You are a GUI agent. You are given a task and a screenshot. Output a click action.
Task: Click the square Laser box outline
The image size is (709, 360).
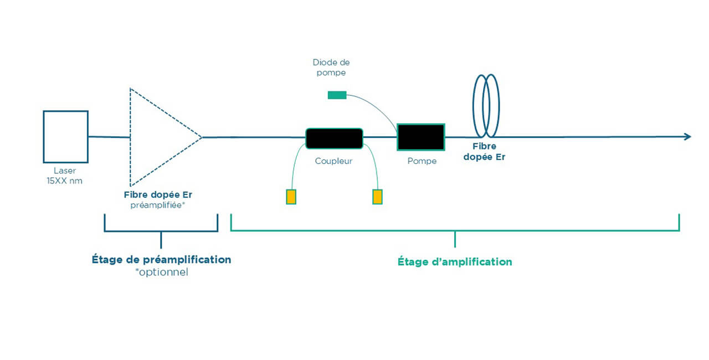click(x=65, y=136)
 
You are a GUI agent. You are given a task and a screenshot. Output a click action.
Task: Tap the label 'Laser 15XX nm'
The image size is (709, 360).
click(x=64, y=176)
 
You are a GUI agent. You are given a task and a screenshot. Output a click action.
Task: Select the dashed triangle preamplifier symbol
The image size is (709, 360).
click(x=161, y=137)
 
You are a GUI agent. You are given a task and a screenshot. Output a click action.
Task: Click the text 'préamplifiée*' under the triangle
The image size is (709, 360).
click(x=158, y=204)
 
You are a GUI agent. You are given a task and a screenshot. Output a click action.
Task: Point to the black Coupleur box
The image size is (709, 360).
click(x=334, y=138)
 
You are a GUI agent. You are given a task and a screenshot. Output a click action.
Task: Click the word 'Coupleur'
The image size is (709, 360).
click(x=333, y=161)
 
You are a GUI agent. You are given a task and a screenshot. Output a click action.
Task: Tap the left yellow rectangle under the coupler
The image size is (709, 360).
click(x=291, y=197)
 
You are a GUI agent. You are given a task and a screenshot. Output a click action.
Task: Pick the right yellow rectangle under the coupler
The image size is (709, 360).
click(x=377, y=197)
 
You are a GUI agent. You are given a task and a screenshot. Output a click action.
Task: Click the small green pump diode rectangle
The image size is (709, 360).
click(x=337, y=95)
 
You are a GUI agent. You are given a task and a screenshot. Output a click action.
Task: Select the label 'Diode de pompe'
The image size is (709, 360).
click(x=331, y=68)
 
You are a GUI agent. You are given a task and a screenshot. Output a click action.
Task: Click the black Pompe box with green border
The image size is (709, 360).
click(x=420, y=137)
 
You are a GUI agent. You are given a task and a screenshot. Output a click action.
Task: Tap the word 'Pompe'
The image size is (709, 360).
click(x=422, y=161)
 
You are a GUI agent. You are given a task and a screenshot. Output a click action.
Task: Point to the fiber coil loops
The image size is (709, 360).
click(x=486, y=106)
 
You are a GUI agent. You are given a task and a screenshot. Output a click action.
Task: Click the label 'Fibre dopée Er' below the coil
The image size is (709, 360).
click(x=489, y=152)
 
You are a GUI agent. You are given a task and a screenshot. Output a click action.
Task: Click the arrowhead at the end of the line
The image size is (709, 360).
click(x=687, y=137)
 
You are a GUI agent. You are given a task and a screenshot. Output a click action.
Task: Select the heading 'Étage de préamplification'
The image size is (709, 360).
click(x=161, y=259)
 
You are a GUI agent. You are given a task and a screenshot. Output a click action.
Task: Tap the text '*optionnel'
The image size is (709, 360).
click(x=161, y=272)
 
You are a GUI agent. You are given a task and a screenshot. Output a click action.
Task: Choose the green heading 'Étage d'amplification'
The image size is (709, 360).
click(x=455, y=262)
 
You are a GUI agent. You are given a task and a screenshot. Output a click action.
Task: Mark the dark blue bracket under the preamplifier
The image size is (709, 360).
click(x=161, y=230)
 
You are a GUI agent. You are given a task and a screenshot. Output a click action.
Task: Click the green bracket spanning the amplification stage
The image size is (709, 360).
click(x=455, y=230)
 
